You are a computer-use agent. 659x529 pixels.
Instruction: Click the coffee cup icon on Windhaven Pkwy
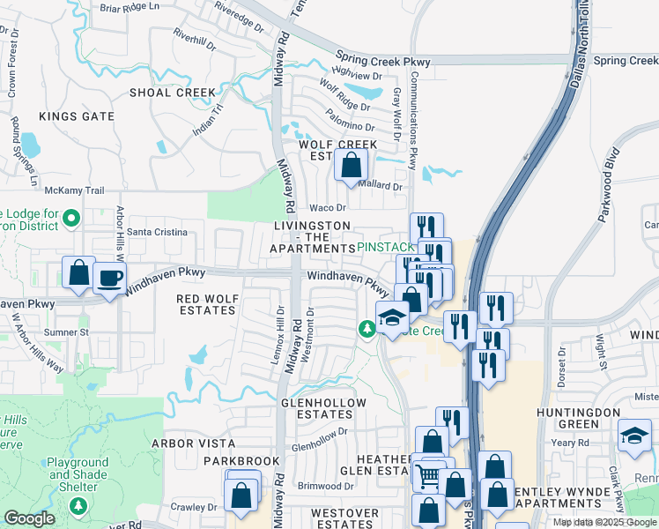pos(109,279)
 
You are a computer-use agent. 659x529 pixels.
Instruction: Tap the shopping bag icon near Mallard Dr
pos(351,164)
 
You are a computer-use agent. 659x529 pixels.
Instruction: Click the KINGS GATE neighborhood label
pos(77,116)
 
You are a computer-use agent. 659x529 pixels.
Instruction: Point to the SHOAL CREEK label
pos(172,93)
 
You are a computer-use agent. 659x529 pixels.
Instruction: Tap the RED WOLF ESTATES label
pos(207,305)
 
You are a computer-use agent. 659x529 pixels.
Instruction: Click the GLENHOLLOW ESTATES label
pos(317,407)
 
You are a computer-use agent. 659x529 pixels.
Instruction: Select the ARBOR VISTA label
pos(193,443)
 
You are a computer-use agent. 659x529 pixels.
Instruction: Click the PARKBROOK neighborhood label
pos(241,461)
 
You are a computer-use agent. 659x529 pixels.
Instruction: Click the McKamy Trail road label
pos(75,190)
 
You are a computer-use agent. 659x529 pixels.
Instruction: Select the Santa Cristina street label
pos(158,232)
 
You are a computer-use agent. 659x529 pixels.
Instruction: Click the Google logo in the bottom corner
pos(29,518)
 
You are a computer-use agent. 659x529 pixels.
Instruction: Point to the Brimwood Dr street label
pos(325,486)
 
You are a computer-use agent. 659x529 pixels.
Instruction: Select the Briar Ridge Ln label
pos(130,7)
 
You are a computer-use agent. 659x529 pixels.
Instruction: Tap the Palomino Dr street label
pos(351,126)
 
